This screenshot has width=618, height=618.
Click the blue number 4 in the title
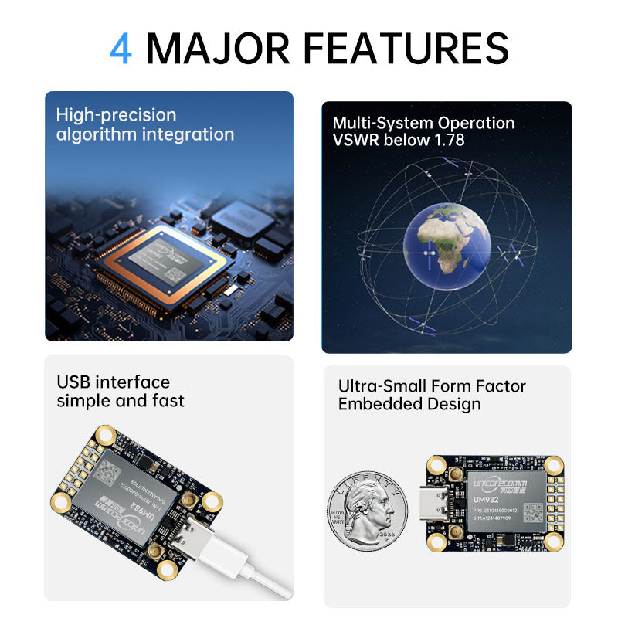click(121, 48)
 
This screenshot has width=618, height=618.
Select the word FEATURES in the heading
click(405, 48)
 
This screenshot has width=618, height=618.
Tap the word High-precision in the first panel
click(116, 115)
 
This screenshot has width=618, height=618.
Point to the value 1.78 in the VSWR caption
click(445, 142)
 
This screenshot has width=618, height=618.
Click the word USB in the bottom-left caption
click(73, 382)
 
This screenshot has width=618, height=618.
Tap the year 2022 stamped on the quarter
click(386, 533)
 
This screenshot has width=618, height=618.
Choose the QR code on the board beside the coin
click(533, 512)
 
